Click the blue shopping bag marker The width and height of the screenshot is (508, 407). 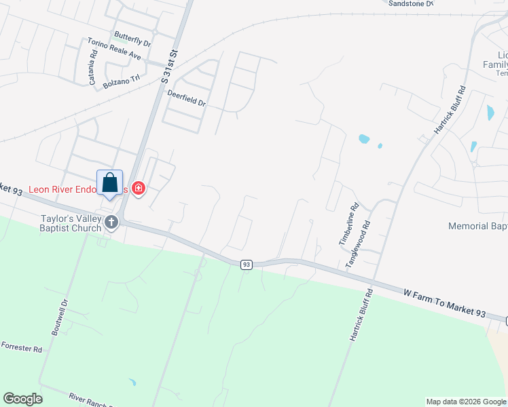point(110,182)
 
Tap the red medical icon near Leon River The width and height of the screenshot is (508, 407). point(139,187)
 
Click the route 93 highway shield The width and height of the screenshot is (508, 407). point(247,265)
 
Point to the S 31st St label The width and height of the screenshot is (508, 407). point(170,66)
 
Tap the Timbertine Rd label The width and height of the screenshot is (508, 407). point(344,226)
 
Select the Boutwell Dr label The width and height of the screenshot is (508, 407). point(60,317)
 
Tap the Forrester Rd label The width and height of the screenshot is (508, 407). point(22,347)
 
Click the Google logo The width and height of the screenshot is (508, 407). point(22,398)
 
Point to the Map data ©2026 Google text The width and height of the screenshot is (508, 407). point(465,402)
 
